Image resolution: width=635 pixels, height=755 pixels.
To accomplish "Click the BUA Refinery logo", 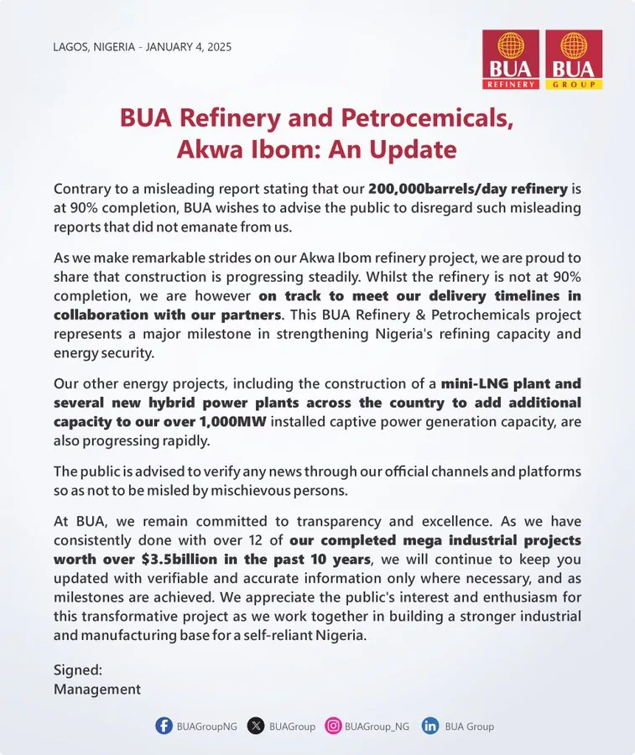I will (511, 60).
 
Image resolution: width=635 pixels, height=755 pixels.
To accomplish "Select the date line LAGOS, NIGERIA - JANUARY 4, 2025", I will (142, 47).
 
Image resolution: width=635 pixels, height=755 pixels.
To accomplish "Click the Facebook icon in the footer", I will (164, 726).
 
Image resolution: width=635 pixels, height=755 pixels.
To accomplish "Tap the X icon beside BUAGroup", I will (256, 726).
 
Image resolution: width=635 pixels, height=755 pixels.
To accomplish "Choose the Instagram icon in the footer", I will (333, 726).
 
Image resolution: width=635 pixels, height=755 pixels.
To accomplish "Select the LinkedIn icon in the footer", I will (430, 726).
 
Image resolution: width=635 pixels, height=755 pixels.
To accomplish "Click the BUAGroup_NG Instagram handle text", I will (377, 726).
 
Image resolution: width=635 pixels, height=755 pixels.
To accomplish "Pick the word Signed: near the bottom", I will (78, 670).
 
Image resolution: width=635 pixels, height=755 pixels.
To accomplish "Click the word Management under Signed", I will (97, 689).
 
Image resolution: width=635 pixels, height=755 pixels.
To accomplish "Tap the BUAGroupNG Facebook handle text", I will (206, 726).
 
